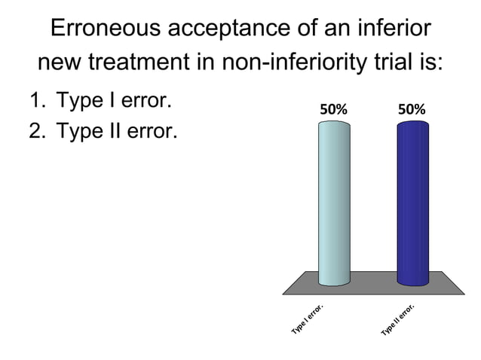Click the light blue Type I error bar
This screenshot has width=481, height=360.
tap(334, 203)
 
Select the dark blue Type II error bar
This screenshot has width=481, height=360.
tap(412, 203)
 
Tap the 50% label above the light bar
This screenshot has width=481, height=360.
tap(334, 109)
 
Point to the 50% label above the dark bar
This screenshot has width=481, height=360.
tap(412, 109)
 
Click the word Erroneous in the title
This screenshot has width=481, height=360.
tap(104, 29)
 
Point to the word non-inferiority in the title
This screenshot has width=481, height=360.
tap(302, 61)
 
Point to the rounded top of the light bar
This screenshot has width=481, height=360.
tap(334, 124)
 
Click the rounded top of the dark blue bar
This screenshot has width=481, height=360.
tap(412, 124)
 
